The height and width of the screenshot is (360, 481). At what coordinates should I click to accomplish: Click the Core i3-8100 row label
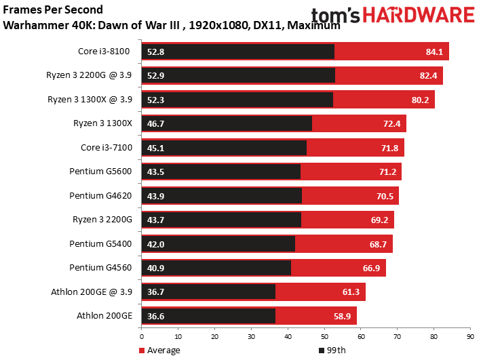(x=104, y=52)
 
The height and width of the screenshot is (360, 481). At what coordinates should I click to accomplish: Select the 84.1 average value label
(x=434, y=52)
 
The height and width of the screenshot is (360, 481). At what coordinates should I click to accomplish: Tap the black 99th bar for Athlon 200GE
(x=208, y=316)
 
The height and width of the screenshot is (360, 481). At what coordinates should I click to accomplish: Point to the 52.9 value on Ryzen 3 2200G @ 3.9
(x=155, y=76)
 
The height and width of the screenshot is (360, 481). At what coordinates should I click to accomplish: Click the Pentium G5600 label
(x=100, y=171)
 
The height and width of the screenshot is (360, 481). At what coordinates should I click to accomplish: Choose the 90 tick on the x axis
(x=470, y=337)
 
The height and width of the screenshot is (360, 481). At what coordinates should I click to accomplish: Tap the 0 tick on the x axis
(x=141, y=337)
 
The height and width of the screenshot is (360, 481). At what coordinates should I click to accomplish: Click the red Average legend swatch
(x=142, y=351)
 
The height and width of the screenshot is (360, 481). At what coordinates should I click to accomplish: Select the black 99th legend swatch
(x=322, y=351)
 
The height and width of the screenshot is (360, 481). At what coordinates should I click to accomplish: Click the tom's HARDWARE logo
(x=393, y=15)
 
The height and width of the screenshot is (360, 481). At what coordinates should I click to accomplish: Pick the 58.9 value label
(x=342, y=316)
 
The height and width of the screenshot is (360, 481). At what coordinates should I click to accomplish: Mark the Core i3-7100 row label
(x=106, y=148)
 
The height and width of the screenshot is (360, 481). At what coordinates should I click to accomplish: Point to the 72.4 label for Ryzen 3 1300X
(x=391, y=124)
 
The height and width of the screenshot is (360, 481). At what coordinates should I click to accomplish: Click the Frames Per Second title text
(x=53, y=9)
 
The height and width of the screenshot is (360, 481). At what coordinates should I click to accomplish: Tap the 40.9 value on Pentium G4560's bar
(x=155, y=268)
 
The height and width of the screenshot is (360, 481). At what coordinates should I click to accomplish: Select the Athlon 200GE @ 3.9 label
(x=92, y=292)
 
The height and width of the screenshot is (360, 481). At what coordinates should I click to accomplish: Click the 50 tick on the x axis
(x=324, y=337)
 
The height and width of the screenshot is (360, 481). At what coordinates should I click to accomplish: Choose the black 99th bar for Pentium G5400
(x=218, y=244)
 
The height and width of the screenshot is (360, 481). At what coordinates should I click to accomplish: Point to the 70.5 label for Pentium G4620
(x=385, y=196)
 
